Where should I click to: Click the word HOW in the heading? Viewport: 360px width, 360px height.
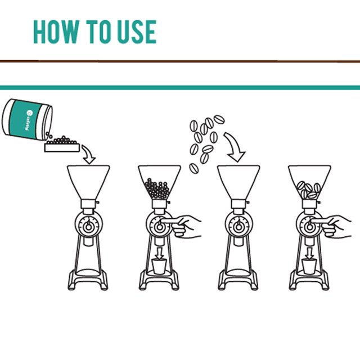(56, 31)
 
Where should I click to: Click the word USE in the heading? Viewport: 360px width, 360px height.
(137, 31)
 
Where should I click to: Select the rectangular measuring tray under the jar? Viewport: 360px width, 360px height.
(62, 147)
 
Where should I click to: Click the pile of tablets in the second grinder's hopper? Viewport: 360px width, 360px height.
(157, 189)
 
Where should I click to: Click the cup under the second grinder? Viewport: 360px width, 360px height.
(159, 266)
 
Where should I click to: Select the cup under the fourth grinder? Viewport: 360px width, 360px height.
(309, 266)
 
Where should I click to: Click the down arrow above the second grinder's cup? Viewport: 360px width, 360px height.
(160, 253)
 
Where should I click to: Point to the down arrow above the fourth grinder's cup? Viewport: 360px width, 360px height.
(310, 253)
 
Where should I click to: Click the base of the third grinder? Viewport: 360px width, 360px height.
(238, 280)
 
